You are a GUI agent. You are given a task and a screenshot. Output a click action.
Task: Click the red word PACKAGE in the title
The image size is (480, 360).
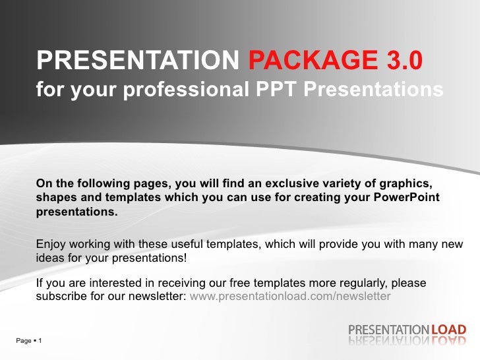(312, 61)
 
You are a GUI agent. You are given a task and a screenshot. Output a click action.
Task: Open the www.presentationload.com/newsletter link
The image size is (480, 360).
(289, 296)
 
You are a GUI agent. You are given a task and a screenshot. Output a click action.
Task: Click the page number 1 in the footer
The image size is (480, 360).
(40, 340)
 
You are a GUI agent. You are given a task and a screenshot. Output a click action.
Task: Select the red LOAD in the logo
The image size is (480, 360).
(449, 329)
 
